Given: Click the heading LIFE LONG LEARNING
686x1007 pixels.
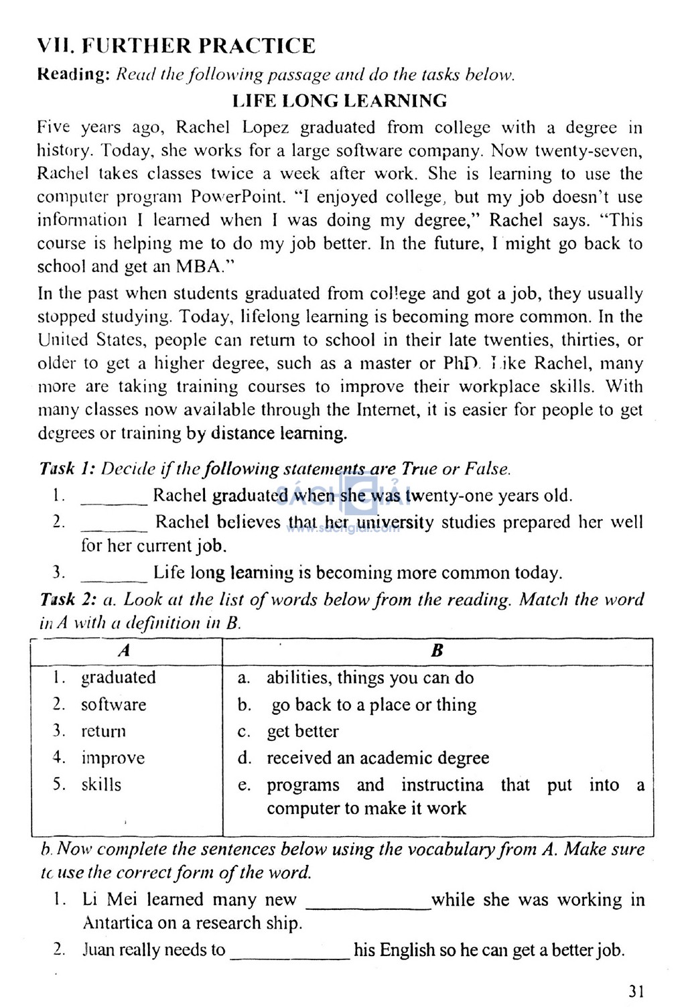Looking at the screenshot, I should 340,101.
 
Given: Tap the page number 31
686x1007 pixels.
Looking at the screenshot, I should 636,991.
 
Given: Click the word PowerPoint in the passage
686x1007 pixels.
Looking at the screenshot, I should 248,198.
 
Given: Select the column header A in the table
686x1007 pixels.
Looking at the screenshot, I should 125,651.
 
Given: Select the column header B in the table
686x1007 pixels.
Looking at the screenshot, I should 437,651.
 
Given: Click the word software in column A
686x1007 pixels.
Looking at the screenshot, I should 113,705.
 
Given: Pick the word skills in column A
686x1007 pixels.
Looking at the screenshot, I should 101,785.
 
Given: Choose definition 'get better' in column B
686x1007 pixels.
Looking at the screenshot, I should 303,732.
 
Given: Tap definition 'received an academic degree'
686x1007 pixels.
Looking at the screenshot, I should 378,758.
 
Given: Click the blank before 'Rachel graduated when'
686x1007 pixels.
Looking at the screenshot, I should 113,501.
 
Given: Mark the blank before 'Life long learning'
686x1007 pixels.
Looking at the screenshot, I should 113,578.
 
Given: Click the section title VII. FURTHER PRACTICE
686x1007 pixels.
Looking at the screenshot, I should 176,46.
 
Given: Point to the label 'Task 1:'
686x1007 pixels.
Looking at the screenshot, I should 68,469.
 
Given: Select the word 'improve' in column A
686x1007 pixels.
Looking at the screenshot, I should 113,758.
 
